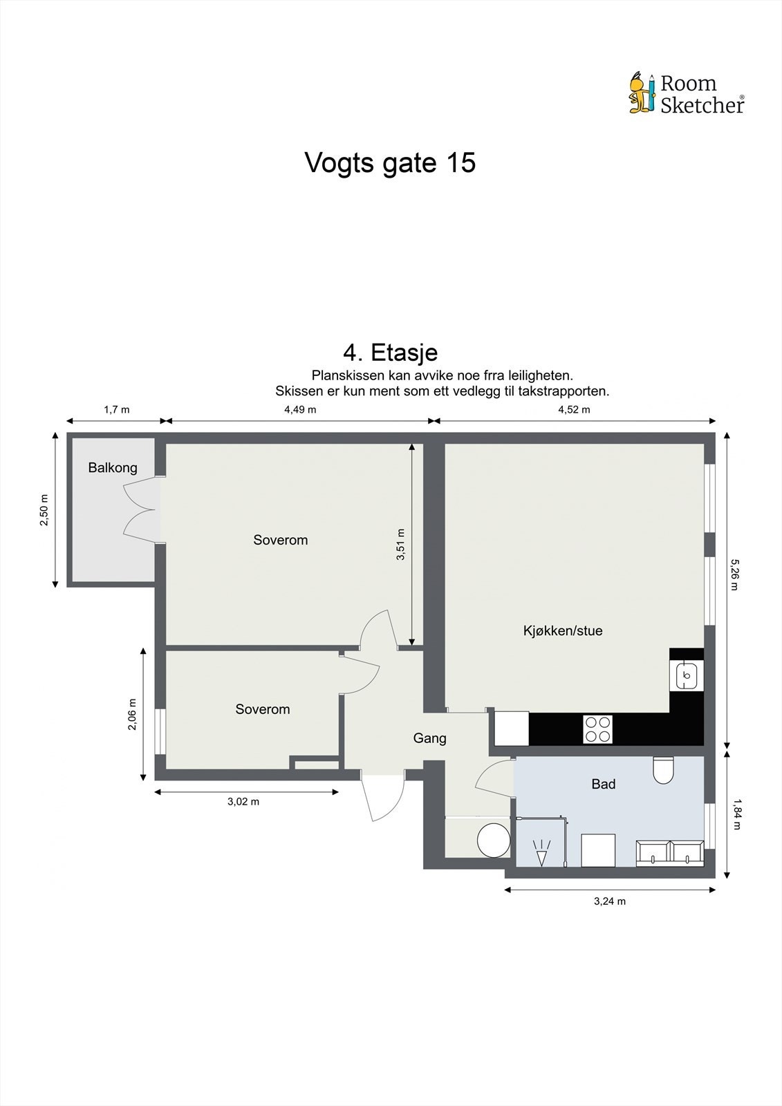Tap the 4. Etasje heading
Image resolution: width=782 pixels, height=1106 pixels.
click(390, 353)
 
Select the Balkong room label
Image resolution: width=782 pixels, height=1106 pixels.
click(113, 467)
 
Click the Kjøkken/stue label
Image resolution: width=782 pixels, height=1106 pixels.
click(563, 630)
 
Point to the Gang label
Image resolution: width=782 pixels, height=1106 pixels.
click(430, 738)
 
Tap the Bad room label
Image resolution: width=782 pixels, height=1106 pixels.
click(603, 784)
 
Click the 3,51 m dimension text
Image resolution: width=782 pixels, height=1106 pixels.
click(400, 544)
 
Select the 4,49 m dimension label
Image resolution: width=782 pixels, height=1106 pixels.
click(300, 409)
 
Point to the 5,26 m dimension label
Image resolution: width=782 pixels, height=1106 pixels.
click(734, 574)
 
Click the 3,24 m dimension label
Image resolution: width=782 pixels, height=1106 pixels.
click(610, 901)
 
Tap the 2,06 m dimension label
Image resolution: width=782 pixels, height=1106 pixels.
click(132, 714)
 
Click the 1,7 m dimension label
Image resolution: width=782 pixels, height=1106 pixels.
click(117, 409)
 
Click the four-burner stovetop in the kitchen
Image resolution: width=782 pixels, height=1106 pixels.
click(598, 729)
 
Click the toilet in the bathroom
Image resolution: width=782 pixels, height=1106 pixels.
click(664, 770)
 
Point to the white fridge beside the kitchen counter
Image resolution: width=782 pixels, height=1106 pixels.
click(512, 729)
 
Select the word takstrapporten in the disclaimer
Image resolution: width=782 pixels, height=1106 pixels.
click(564, 391)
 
